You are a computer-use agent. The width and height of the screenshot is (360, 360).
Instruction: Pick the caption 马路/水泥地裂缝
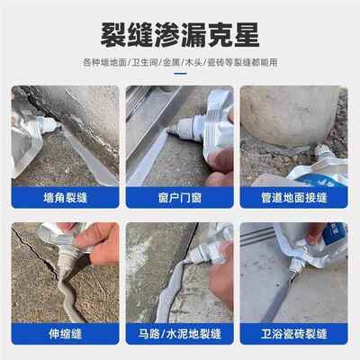coord(180,343)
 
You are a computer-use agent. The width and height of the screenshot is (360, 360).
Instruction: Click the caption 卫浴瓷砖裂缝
coord(297,343)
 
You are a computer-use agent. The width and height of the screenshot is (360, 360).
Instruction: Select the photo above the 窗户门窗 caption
coord(180,135)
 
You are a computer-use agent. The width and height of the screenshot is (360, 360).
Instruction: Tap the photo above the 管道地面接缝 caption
coord(297,135)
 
